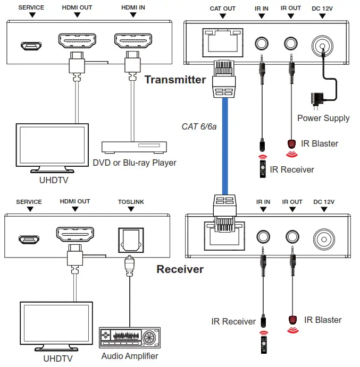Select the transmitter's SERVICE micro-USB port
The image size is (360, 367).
31,46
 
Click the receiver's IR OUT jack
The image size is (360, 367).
291,236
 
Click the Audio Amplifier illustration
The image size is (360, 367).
129,337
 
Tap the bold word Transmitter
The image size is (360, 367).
175,80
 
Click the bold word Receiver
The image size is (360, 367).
180,269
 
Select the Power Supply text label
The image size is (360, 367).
323,118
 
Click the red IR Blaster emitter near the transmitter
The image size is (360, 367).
291,144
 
